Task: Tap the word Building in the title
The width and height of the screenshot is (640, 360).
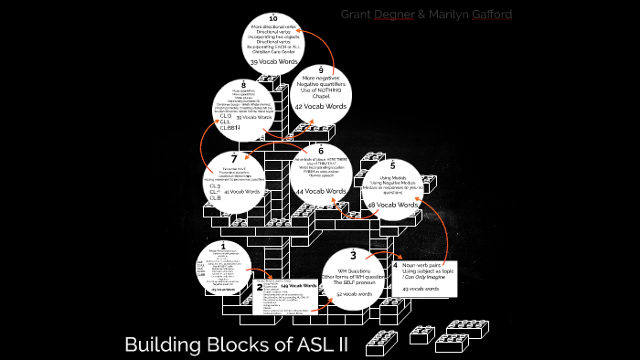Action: click(158, 345)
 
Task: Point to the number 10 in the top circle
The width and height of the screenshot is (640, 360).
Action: click(273, 18)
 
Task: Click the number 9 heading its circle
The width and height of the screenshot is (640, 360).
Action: click(321, 69)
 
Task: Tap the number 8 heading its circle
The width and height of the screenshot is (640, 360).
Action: click(243, 85)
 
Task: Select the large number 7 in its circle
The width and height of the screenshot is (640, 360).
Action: click(233, 158)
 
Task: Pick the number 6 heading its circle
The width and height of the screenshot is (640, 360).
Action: click(320, 150)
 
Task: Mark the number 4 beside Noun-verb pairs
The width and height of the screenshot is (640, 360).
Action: click(395, 264)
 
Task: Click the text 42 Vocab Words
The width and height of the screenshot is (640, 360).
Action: click(321, 106)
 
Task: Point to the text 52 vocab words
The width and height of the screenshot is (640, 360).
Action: click(352, 293)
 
